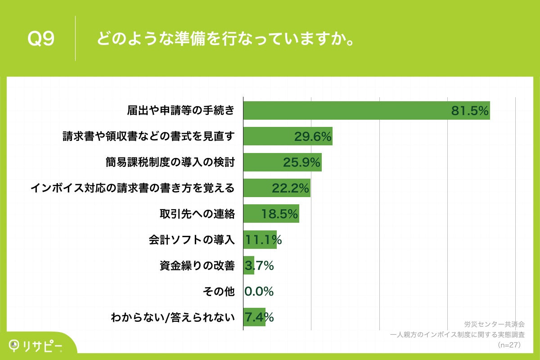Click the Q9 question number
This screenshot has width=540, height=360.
41,39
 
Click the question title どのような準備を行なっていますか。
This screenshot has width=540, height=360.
224,39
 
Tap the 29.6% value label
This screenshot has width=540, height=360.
313,136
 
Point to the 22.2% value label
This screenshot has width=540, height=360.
291,188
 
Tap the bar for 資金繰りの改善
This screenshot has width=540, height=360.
249,265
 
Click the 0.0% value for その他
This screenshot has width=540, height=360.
259,292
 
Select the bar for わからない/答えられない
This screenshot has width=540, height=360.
254,317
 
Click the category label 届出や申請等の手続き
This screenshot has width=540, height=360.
180,110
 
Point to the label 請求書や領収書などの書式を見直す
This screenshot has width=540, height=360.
148,136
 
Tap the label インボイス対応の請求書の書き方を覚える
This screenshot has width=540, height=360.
133,188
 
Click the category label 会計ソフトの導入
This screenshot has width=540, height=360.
192,240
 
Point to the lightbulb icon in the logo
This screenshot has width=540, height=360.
14,345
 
